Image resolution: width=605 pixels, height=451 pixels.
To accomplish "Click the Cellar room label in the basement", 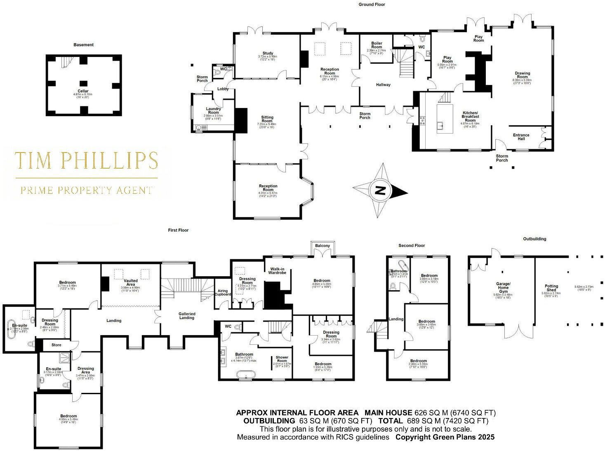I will tap(83, 91).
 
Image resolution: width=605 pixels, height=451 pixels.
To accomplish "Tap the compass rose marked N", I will tap(380, 190).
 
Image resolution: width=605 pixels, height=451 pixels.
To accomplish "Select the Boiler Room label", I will tap(377, 45).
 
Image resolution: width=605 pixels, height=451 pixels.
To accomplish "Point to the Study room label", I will tap(268, 54).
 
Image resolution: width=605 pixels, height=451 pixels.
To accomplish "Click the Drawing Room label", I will tap(522, 75).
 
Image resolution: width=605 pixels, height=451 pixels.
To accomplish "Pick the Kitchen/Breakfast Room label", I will tap(470, 117).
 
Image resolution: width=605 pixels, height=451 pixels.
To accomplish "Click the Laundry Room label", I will tap(213, 110).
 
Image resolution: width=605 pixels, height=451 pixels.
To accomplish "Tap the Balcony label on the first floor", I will tap(323, 246).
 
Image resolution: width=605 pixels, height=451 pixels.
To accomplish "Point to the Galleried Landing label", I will tap(187, 316).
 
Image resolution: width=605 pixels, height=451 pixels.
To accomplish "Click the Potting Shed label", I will tap(551, 288).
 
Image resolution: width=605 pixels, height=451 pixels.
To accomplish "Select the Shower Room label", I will tap(282, 359).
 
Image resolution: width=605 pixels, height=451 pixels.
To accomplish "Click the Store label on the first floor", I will tap(56, 345).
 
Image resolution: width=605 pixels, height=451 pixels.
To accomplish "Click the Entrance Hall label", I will tap(521, 137).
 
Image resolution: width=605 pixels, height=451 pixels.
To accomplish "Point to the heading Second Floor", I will tap(412, 246).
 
